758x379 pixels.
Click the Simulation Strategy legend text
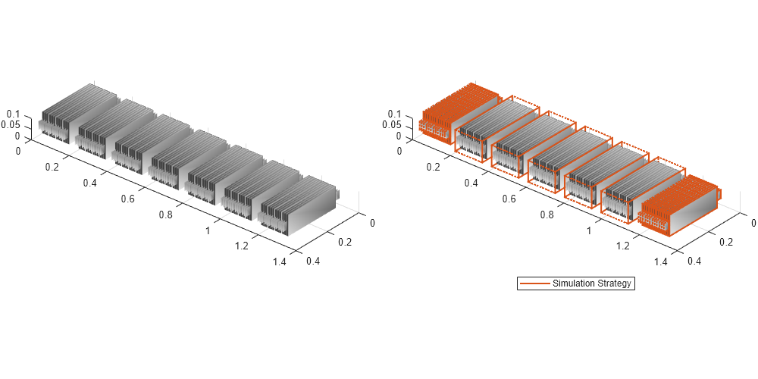pyautogui.click(x=591, y=283)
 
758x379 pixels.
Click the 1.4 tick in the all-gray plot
pyautogui.click(x=277, y=262)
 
